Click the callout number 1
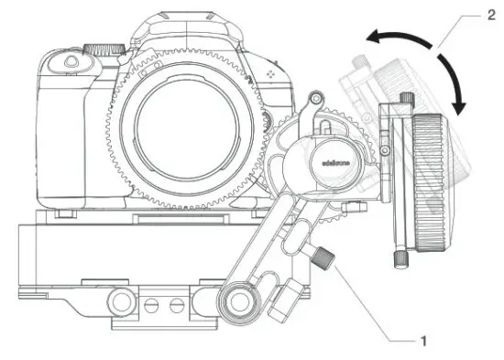(422, 342)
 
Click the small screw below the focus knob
(401, 259)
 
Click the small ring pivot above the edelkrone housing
(315, 96)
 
